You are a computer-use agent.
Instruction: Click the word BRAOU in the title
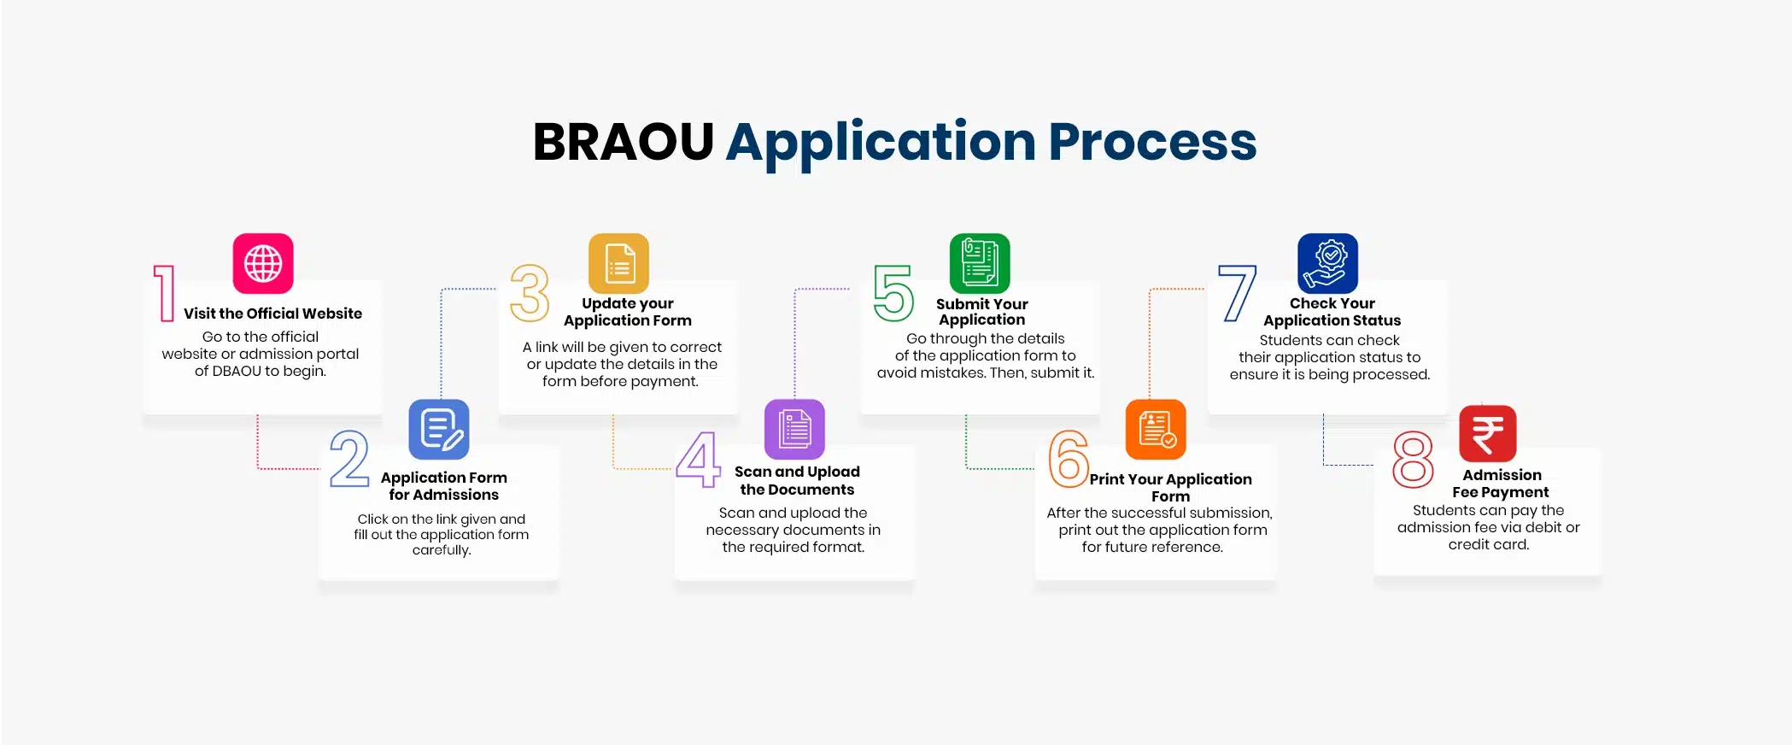(623, 142)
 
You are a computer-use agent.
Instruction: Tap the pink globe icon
(263, 263)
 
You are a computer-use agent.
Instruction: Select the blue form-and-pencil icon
(439, 429)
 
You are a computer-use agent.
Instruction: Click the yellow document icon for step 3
(619, 263)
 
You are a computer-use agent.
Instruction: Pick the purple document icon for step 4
(794, 429)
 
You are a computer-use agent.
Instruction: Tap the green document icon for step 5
(980, 263)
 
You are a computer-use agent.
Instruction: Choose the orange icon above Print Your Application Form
(1156, 429)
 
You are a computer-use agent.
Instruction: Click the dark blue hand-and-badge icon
(1327, 263)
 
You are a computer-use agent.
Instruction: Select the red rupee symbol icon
(1488, 433)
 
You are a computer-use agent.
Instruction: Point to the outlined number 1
(164, 293)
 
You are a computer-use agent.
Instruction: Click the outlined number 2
(349, 459)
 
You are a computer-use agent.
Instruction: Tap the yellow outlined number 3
(530, 293)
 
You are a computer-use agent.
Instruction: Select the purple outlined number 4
(699, 459)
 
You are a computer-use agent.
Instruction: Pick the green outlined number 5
(893, 293)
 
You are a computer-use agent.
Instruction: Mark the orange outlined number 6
(1069, 459)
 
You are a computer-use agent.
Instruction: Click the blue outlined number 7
(1238, 293)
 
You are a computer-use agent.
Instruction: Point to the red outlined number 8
(1413, 460)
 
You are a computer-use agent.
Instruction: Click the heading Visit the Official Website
(272, 314)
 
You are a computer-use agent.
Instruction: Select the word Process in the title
(1152, 142)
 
